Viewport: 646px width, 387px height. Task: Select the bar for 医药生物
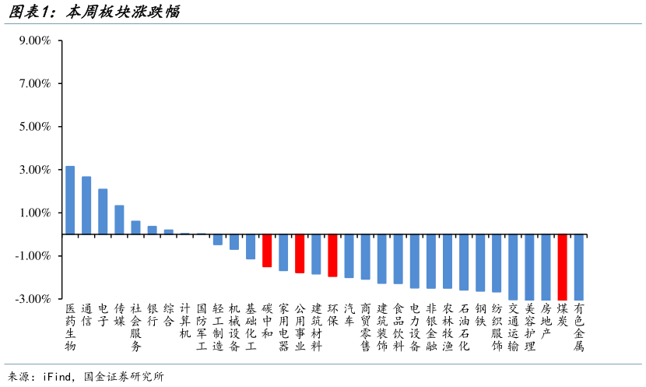(70, 200)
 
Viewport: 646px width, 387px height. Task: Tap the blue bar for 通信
(86, 206)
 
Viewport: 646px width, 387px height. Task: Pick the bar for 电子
(103, 211)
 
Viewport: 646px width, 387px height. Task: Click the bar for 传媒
(119, 220)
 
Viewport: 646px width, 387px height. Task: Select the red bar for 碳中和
(267, 251)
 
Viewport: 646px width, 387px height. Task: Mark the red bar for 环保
(332, 255)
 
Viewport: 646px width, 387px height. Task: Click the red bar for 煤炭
(562, 266)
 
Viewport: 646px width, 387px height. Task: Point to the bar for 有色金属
(578, 266)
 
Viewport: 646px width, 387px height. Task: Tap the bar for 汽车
(349, 256)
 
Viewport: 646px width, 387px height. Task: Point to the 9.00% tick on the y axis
(35, 40)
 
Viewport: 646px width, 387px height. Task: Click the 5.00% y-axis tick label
(35, 127)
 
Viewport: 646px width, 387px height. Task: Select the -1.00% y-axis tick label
(33, 255)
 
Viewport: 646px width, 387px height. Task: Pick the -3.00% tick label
(33, 299)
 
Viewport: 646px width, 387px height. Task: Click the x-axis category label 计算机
(184, 321)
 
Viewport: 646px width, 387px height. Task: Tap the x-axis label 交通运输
(513, 327)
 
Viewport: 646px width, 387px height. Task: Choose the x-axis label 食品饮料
(398, 327)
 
